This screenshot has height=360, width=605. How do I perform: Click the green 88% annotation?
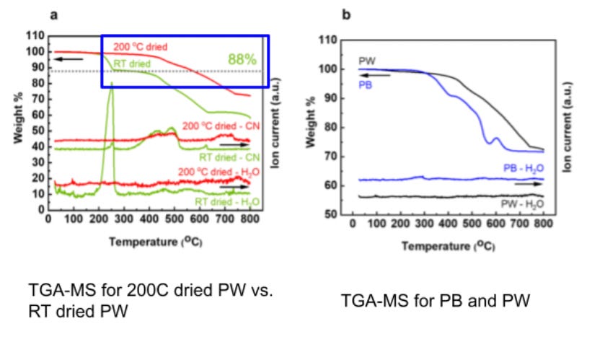pos(242,59)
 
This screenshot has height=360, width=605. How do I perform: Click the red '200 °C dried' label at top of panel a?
pos(141,47)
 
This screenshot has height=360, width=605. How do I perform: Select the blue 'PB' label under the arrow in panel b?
pos(366,84)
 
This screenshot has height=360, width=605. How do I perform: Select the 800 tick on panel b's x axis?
pos(543,224)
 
